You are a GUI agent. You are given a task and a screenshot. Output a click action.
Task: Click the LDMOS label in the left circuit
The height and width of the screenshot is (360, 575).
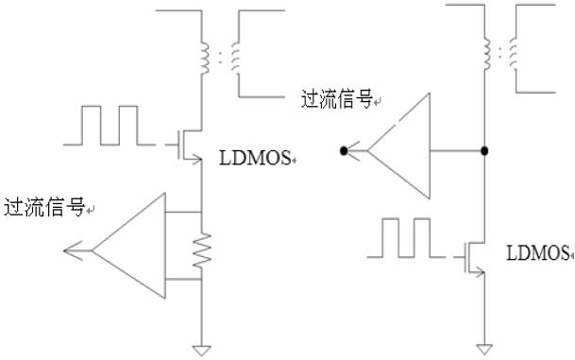tap(255, 158)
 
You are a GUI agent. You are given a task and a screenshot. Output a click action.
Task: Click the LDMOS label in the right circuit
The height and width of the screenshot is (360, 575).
tap(537, 253)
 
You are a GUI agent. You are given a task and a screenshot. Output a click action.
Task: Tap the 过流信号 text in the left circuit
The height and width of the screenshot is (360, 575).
tap(44, 207)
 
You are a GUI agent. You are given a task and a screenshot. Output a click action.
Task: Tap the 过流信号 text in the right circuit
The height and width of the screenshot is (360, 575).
tap(337, 98)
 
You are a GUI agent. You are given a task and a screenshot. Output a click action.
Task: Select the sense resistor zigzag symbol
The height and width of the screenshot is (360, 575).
tap(202, 250)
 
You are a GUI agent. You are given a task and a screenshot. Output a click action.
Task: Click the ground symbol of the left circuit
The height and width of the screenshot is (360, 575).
tap(202, 351)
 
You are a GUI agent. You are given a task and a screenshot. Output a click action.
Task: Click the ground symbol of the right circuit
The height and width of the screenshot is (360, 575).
tap(484, 349)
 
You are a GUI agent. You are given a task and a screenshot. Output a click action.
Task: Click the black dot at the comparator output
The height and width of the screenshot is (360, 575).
tap(344, 150)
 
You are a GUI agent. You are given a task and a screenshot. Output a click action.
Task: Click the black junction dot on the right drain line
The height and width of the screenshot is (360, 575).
tap(484, 150)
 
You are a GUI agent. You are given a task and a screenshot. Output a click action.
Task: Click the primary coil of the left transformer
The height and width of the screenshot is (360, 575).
tap(205, 58)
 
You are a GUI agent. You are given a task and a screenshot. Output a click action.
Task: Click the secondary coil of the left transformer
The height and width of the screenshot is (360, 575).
tap(235, 58)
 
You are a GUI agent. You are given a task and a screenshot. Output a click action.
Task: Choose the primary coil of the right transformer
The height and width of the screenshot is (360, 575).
tap(486, 54)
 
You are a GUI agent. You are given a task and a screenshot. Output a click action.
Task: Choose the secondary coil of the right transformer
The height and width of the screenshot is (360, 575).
tap(513, 54)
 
